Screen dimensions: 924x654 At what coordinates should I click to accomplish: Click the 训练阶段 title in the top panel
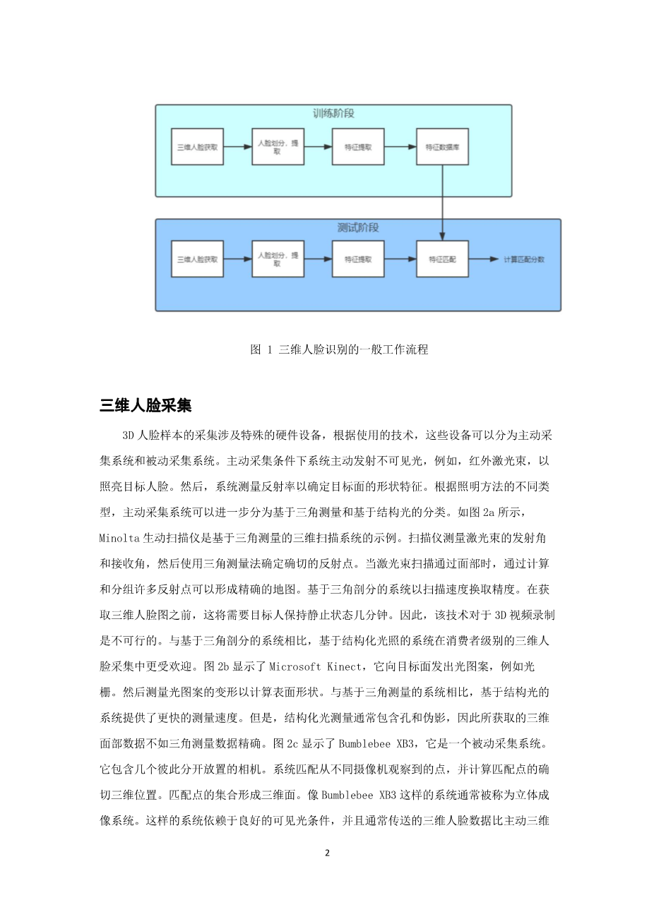tap(333, 114)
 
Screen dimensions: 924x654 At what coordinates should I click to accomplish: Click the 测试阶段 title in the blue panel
tap(358, 228)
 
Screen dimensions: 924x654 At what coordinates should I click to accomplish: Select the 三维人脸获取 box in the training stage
tap(198, 148)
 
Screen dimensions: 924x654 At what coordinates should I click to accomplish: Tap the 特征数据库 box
tap(442, 148)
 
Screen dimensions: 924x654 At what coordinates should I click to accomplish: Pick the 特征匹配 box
tap(442, 259)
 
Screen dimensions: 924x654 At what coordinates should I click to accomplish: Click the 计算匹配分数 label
tap(524, 259)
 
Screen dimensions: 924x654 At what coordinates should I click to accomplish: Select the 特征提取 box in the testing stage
tap(358, 259)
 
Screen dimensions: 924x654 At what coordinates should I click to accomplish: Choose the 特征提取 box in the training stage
tap(358, 148)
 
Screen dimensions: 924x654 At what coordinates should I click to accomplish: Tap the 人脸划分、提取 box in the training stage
tap(278, 148)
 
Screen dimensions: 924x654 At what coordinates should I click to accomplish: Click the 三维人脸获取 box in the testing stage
tap(198, 259)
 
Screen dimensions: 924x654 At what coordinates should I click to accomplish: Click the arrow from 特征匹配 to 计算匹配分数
tap(484, 259)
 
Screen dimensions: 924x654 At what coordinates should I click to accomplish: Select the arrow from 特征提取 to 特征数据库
tap(400, 148)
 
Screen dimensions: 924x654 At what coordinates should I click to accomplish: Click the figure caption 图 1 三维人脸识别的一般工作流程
tap(339, 349)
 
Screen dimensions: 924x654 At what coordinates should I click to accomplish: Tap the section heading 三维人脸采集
tap(145, 405)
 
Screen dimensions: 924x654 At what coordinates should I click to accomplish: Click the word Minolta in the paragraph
tap(119, 538)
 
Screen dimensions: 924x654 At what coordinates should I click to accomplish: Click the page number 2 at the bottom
tap(327, 853)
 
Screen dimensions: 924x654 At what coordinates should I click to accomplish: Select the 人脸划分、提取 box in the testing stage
tap(278, 259)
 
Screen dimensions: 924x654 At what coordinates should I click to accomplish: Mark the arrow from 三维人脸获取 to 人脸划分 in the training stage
tap(238, 148)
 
